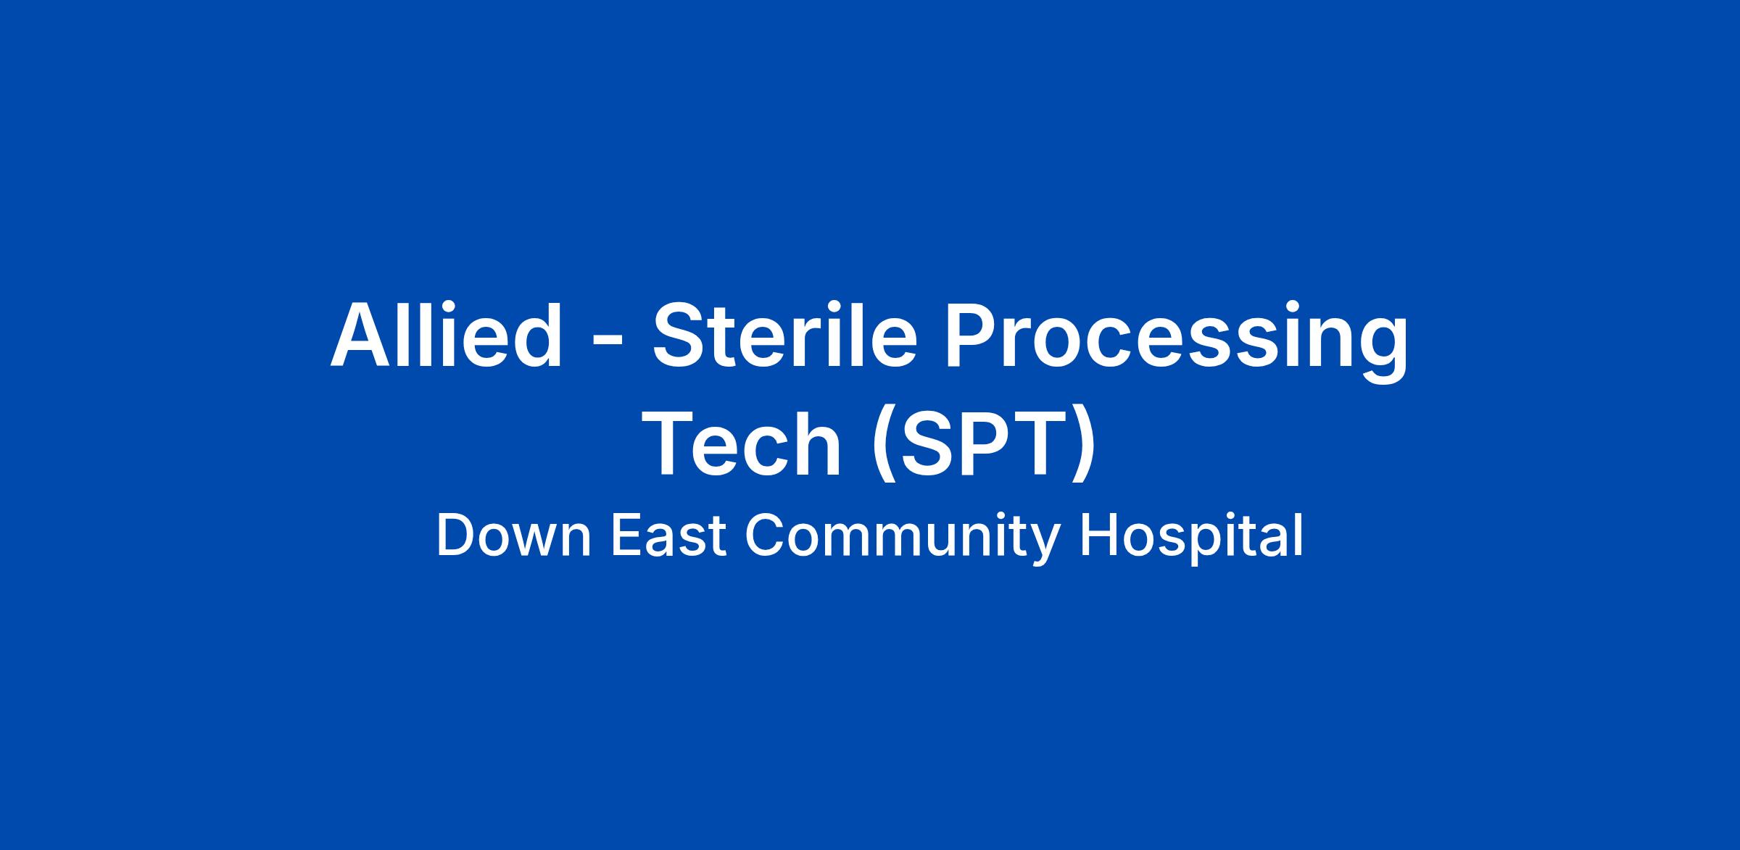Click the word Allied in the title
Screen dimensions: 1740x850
pyautogui.click(x=447, y=336)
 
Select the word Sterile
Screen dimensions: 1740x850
pyautogui.click(x=785, y=336)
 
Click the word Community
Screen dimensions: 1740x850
pyautogui.click(x=902, y=540)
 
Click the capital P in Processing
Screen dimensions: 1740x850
pyautogui.click(x=971, y=335)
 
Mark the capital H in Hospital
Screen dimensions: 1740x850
pyautogui.click(x=1097, y=536)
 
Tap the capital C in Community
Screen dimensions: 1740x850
pyautogui.click(x=765, y=536)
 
